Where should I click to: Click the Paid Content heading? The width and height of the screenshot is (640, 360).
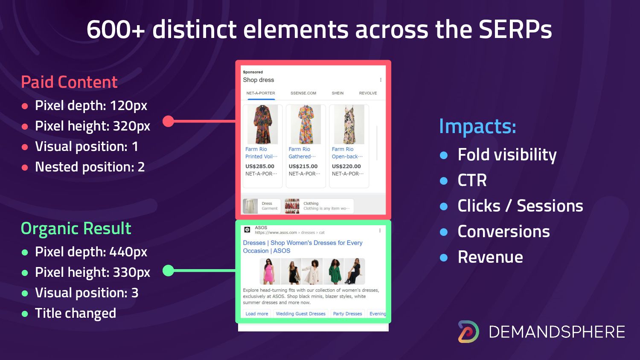click(x=69, y=82)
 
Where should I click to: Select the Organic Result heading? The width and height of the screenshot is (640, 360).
click(x=76, y=229)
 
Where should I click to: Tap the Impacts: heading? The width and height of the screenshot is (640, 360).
click(x=477, y=126)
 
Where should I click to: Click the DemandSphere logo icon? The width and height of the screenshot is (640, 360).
click(x=468, y=331)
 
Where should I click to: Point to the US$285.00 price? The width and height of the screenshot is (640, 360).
click(x=260, y=166)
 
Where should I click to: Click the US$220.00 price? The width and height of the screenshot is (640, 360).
click(x=346, y=166)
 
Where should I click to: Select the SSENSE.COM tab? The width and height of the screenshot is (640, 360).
click(x=303, y=93)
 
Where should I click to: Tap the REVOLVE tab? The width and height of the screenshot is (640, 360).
click(x=368, y=93)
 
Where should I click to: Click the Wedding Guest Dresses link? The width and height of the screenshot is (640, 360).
click(x=300, y=314)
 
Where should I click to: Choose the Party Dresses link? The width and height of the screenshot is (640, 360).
click(x=347, y=314)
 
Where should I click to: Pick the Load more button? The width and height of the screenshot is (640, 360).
click(x=257, y=314)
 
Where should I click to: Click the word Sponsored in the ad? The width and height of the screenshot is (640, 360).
click(x=253, y=72)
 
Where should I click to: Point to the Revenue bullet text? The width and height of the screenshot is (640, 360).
click(x=490, y=257)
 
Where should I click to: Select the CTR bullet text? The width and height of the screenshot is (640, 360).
click(x=472, y=180)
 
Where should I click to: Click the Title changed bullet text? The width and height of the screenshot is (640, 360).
click(x=76, y=313)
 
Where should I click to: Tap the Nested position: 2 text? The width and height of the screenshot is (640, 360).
click(x=90, y=167)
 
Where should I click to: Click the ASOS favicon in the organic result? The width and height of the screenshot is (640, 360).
click(x=247, y=229)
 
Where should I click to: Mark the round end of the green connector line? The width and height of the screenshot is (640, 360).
click(x=168, y=270)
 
